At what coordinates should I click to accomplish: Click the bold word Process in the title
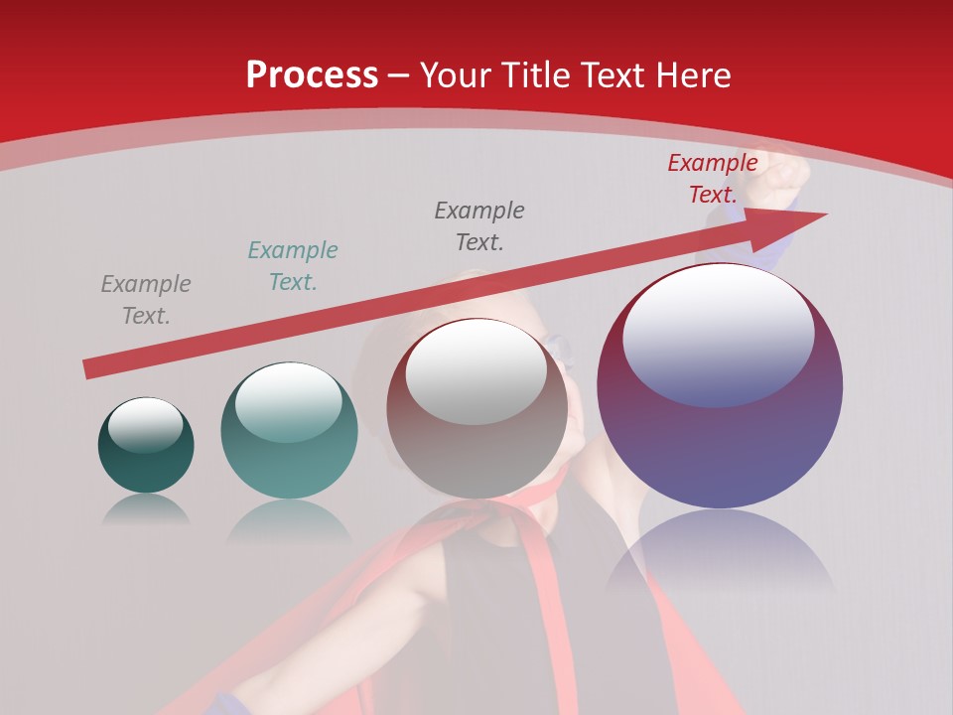point(312,75)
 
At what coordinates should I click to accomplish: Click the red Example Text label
point(712,179)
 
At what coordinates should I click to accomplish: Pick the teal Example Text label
point(292,266)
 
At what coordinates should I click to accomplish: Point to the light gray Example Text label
point(145,300)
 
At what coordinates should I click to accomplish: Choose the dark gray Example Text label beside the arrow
point(478,226)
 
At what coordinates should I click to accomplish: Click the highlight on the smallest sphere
point(146,425)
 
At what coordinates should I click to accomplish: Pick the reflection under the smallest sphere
point(146,509)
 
